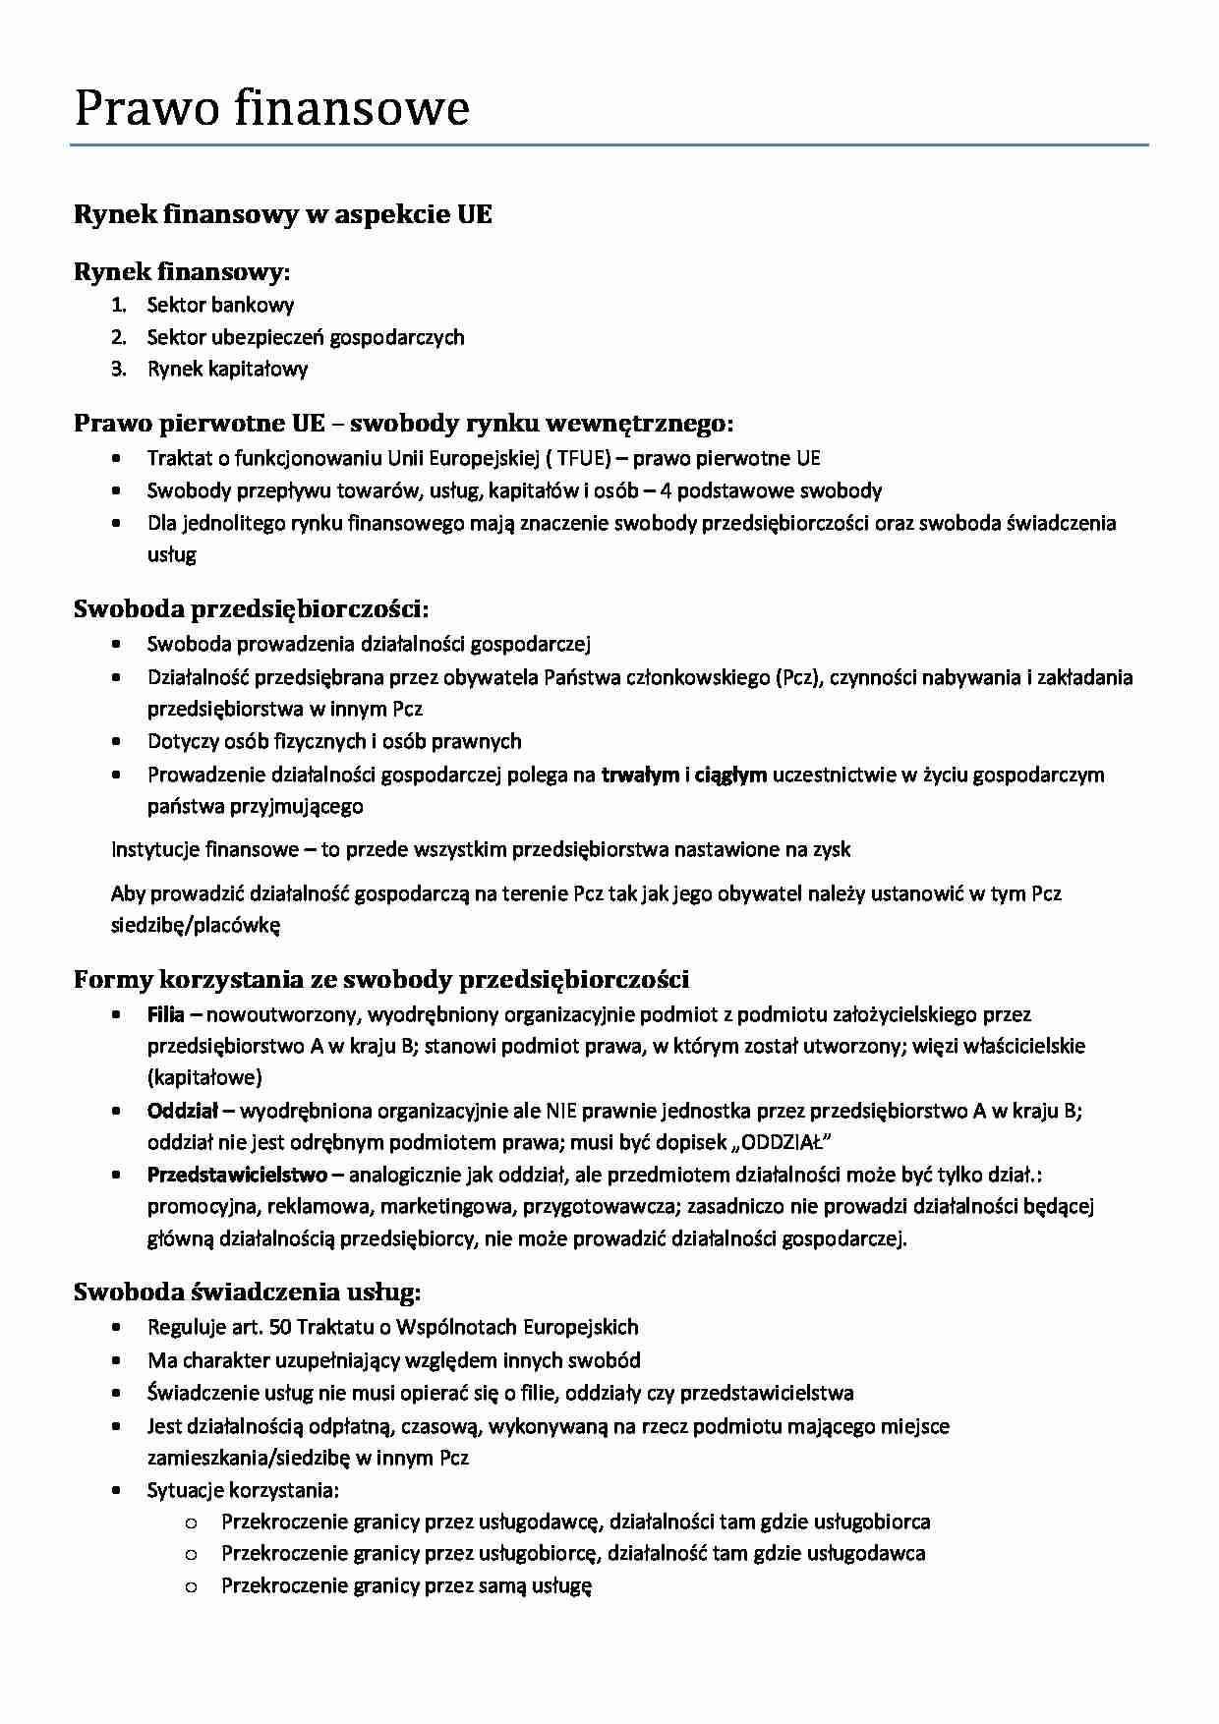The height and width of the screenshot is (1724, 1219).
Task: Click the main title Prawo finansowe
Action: click(271, 107)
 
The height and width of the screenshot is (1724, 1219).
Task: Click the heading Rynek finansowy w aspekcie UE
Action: click(283, 214)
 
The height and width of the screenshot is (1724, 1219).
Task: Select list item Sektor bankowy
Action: click(220, 305)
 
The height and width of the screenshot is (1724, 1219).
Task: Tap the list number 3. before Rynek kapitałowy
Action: click(119, 369)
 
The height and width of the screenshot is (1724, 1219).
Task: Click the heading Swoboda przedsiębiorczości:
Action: click(251, 608)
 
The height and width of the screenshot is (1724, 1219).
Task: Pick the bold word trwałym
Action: click(639, 775)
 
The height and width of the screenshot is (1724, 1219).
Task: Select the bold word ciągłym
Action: click(730, 775)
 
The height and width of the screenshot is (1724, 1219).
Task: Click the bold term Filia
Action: click(165, 1013)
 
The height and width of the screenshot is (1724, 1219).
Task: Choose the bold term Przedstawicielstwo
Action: click(237, 1174)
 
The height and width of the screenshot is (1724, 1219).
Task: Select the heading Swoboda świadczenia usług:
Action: click(248, 1291)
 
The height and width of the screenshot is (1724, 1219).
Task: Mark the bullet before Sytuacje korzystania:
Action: click(118, 1490)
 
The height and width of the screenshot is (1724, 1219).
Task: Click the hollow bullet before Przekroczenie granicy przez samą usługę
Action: click(191, 1585)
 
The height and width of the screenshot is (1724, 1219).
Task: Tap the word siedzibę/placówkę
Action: click(196, 925)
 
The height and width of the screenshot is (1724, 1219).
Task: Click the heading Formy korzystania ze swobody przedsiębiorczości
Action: click(381, 979)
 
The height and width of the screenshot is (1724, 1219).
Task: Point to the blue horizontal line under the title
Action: click(609, 145)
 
